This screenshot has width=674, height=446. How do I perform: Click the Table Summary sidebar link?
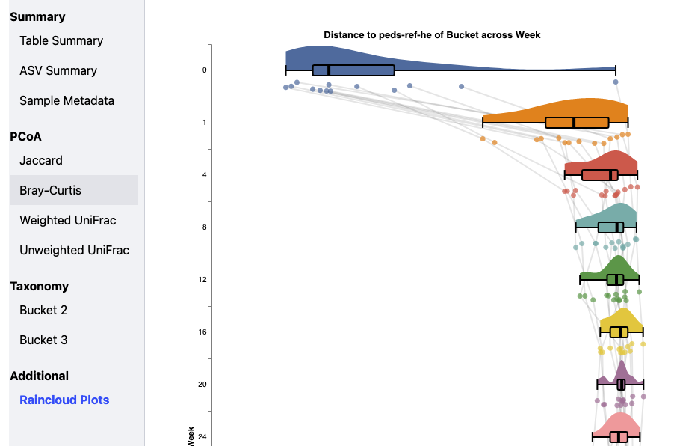coord(61,40)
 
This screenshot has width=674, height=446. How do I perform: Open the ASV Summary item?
coord(58,70)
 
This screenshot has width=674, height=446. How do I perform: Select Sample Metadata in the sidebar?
coord(67,100)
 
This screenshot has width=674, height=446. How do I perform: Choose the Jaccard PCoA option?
coord(41,160)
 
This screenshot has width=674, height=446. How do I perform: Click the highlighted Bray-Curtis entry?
coord(50,190)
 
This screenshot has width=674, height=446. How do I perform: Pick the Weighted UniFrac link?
coord(67,220)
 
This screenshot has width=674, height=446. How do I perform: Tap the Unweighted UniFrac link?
coord(74,250)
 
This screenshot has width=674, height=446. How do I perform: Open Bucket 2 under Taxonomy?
coord(43,310)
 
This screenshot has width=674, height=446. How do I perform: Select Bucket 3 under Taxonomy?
coord(43,340)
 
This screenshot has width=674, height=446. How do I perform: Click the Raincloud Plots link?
coord(64,400)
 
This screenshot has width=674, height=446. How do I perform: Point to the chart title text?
coord(432,35)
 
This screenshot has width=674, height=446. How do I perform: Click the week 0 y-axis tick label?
coord(204,70)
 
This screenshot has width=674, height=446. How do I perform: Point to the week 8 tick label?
coord(204,227)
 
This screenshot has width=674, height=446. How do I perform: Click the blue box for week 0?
coord(353,70)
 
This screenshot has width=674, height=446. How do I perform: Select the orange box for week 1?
coord(577,123)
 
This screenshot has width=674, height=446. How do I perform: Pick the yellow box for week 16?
coord(619,332)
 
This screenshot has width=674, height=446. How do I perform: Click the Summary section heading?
coord(37,16)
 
